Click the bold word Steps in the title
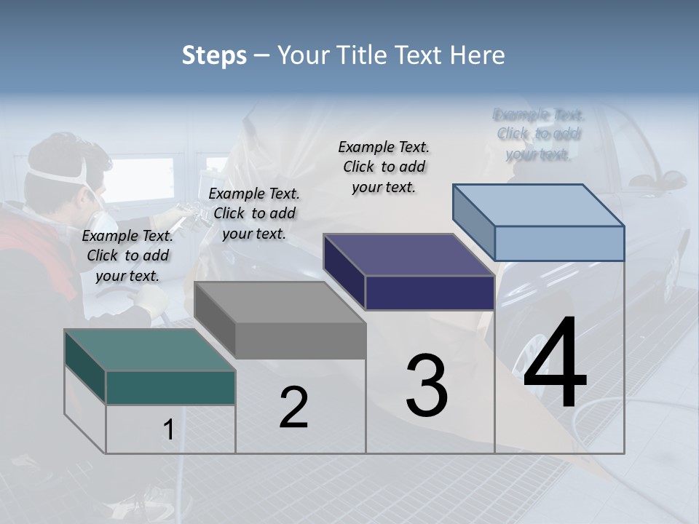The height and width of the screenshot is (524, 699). click(x=214, y=55)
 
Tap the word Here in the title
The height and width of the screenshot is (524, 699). click(x=477, y=55)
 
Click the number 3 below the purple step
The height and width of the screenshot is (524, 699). click(x=427, y=385)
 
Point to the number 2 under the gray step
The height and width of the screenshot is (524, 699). click(x=293, y=408)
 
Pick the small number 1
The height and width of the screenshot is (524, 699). click(x=169, y=430)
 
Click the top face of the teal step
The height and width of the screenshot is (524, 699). click(x=149, y=349)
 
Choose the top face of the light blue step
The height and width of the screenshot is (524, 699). click(x=539, y=205)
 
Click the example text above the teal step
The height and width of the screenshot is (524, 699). click(x=127, y=255)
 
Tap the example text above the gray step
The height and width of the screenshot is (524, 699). click(x=254, y=213)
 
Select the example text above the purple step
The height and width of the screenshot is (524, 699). click(x=384, y=167)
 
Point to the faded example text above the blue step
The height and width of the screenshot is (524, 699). click(x=539, y=134)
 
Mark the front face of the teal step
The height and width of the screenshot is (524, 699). click(x=170, y=387)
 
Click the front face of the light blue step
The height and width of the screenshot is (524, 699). click(x=559, y=243)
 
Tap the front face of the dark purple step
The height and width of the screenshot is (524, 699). click(x=430, y=293)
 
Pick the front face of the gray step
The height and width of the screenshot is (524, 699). click(x=300, y=341)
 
